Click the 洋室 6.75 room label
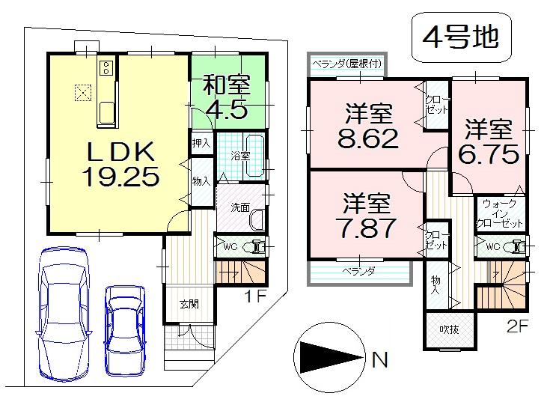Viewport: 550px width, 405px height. point(488,140)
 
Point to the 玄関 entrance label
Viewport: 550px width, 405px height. point(189,304)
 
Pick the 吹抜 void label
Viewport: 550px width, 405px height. point(449,326)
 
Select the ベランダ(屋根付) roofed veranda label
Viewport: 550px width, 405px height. point(344,64)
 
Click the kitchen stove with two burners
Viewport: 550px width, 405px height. point(106,70)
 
